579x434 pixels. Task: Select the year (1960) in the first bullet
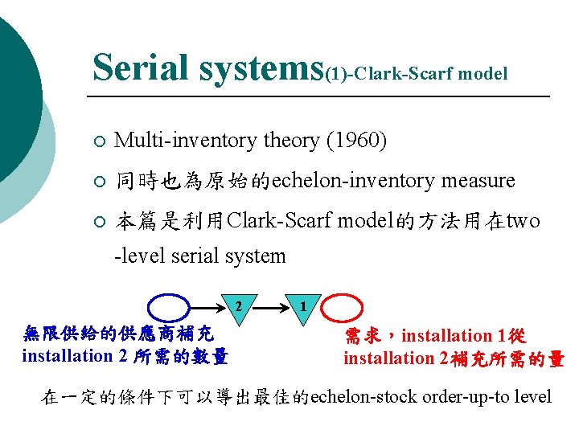coord(356,141)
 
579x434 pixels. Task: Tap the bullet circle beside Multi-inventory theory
coord(97,142)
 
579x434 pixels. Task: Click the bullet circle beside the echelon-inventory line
coord(97,182)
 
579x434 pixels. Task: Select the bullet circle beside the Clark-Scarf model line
coord(97,222)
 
